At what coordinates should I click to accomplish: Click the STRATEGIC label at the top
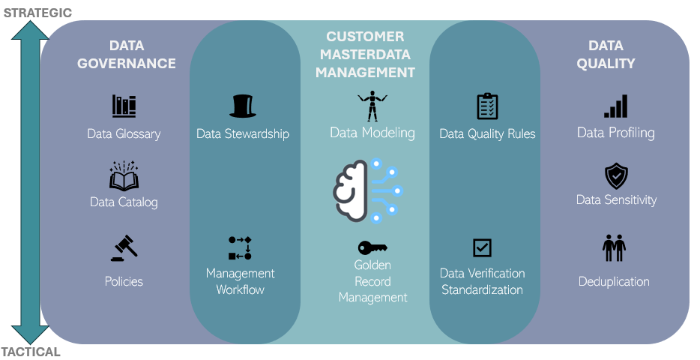tap(37, 12)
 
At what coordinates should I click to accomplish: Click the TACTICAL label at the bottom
tap(31, 352)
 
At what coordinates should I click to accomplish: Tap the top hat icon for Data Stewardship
tap(242, 106)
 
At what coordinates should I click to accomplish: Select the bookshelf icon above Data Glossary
tap(124, 106)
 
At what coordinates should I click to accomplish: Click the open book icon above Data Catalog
tap(124, 176)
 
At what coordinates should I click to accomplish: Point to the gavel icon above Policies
tap(124, 248)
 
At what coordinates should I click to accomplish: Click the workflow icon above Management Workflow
tap(240, 248)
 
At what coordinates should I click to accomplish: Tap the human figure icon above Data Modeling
tap(372, 106)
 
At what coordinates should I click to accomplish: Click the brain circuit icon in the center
tap(368, 190)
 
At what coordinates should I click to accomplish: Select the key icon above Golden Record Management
tap(372, 247)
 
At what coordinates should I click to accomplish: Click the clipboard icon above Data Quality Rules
tap(487, 106)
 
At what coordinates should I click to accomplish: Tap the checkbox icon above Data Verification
tap(482, 247)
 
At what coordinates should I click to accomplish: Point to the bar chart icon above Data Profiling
tap(615, 106)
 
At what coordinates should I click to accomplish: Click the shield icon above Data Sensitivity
tap(615, 176)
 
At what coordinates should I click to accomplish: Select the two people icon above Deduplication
tap(614, 247)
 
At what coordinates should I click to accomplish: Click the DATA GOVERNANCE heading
tap(126, 55)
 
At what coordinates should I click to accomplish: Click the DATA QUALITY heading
tap(606, 55)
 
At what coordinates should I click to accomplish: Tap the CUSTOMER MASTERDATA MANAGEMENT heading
tap(365, 55)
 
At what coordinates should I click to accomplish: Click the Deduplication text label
tap(614, 282)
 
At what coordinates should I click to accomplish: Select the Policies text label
tap(124, 282)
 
